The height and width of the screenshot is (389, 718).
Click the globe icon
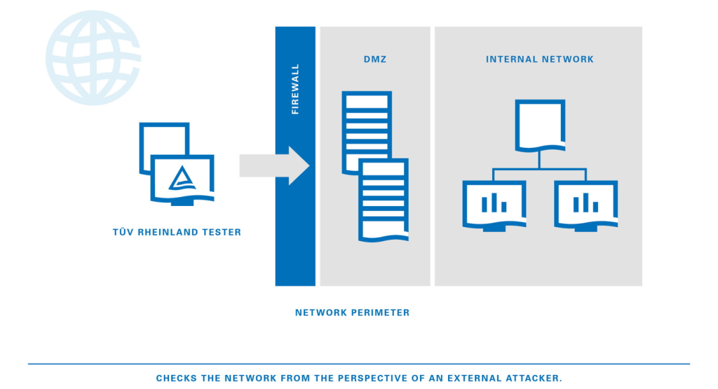[x=93, y=58]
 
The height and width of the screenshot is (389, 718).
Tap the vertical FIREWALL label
[x=295, y=89]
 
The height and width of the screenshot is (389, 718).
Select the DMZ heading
[x=375, y=60]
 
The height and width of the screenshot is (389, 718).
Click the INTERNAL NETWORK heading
[x=539, y=60]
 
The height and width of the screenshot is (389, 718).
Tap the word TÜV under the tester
[x=123, y=233]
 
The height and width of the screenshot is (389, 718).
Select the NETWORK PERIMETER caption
[x=352, y=313]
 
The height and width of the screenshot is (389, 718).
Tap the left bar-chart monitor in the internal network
[x=494, y=203]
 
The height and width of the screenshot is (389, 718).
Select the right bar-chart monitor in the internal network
[x=585, y=203]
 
